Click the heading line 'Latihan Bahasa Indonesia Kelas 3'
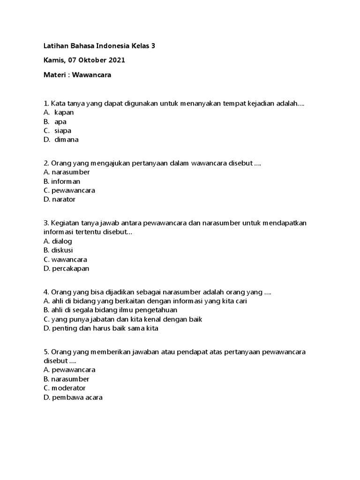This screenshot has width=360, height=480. click(x=98, y=46)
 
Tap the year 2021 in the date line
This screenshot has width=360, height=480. click(x=117, y=60)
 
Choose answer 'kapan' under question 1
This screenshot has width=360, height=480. click(x=64, y=112)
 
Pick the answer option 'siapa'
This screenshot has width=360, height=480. click(x=63, y=130)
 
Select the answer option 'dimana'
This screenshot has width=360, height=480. click(x=66, y=140)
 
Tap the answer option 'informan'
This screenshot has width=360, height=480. click(x=66, y=181)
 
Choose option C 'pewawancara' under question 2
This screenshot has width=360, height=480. click(x=74, y=190)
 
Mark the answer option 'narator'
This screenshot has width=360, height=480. click(x=64, y=199)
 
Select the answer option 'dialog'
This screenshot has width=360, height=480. click(x=62, y=241)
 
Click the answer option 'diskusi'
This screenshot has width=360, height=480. click(x=62, y=250)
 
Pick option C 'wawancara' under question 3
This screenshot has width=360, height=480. click(x=69, y=259)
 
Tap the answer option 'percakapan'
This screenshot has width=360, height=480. click(x=70, y=269)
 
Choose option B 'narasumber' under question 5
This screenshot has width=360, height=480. click(x=70, y=379)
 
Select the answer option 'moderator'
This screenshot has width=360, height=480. click(x=69, y=388)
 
